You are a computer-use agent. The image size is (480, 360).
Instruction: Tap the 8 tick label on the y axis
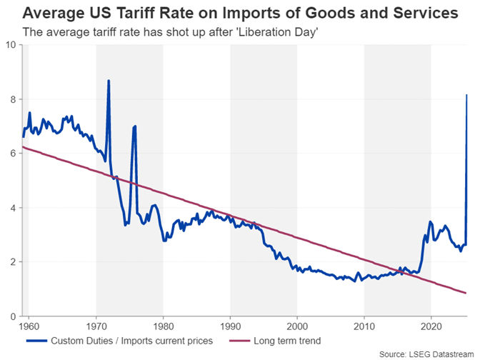click(11, 99)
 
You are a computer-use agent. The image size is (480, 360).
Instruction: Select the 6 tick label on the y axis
click(11, 154)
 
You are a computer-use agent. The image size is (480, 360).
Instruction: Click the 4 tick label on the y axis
click(11, 208)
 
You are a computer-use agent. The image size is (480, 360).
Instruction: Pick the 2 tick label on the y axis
click(11, 262)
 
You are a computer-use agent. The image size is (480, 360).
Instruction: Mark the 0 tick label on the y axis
click(11, 316)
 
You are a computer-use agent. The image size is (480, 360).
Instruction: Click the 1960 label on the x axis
click(29, 326)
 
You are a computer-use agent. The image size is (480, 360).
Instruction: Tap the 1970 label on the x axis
click(96, 326)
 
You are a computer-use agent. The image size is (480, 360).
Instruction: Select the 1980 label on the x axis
click(164, 326)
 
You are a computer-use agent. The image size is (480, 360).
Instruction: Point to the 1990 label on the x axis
click(230, 326)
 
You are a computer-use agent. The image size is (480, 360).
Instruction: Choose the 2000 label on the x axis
click(297, 326)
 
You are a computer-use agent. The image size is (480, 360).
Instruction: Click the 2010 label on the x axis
click(364, 326)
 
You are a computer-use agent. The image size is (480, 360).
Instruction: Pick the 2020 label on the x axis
click(431, 326)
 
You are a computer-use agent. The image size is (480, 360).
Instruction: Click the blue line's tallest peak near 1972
click(109, 81)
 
